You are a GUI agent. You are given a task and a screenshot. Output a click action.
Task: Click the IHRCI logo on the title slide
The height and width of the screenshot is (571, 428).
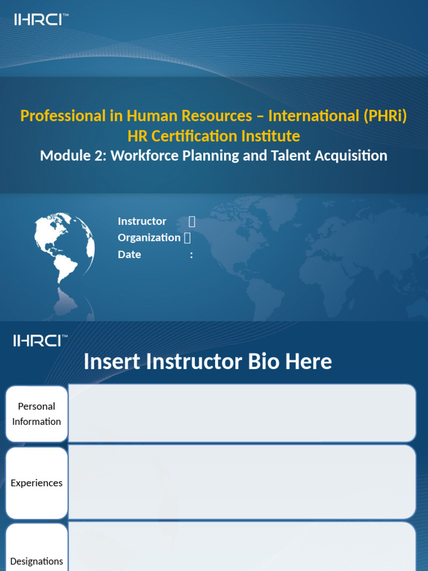[41, 20]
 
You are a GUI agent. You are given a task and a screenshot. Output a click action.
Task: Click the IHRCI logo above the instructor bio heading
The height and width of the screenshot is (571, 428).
[41, 340]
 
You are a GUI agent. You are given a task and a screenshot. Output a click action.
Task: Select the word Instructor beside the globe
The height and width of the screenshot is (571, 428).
[142, 221]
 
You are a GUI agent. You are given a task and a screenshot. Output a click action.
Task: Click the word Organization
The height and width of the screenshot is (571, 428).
[149, 238]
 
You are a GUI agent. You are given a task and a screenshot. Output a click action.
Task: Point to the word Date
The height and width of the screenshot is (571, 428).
[129, 255]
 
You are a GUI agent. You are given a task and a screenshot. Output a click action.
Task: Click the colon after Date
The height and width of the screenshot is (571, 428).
[192, 255]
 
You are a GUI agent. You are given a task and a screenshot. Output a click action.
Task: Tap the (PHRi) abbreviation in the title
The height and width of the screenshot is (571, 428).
[386, 116]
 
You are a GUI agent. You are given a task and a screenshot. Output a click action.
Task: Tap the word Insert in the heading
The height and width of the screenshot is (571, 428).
[110, 361]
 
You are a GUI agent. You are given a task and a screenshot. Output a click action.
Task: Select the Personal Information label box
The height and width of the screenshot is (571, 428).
[37, 414]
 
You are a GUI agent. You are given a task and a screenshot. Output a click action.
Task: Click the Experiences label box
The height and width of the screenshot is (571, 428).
[37, 483]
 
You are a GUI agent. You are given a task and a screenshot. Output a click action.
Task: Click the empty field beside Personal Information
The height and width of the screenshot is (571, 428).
[242, 413]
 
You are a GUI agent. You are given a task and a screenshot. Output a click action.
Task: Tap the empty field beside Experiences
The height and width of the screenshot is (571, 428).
[242, 482]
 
